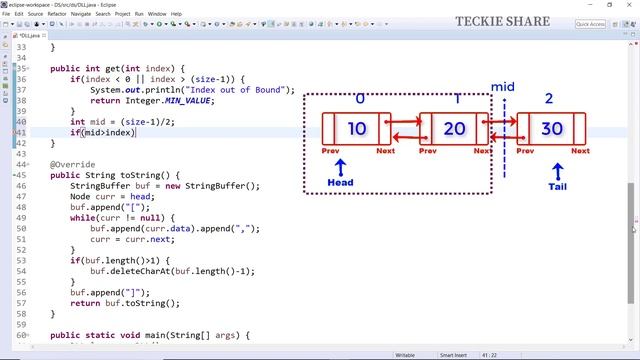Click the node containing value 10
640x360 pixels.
coord(357,129)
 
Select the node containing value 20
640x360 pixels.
coord(454,129)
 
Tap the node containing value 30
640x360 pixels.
coord(551,129)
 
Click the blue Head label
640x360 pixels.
coord(340,183)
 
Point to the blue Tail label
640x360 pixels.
coord(558,186)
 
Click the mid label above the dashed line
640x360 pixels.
coord(503,88)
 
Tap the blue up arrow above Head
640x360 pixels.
coord(340,166)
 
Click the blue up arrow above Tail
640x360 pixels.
coord(558,170)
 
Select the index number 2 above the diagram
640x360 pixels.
coord(549,99)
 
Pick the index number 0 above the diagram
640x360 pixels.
coord(360,99)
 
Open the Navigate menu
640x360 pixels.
coord(81,14)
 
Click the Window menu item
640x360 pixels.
coord(157,14)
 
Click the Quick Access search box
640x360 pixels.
coord(590,24)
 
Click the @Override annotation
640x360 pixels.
coord(72,164)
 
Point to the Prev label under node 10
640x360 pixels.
coord(331,151)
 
